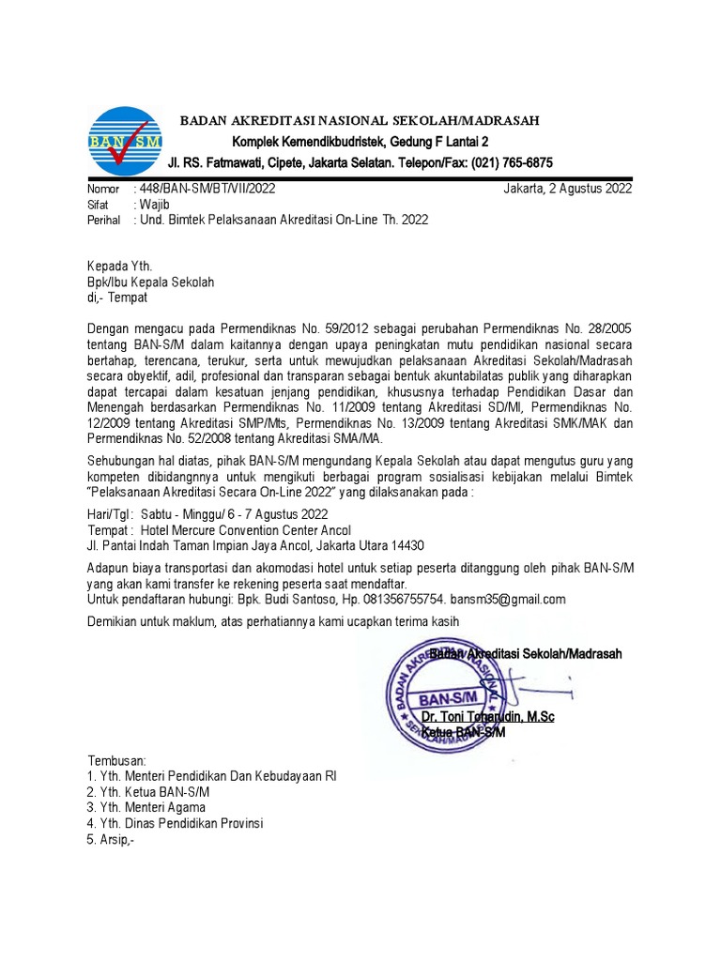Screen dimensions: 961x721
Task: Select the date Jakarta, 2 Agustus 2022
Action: click(567, 188)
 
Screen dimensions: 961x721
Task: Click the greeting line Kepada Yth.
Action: click(119, 267)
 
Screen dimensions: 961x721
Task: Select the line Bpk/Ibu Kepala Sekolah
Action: click(151, 282)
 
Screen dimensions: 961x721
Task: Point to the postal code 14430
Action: click(407, 545)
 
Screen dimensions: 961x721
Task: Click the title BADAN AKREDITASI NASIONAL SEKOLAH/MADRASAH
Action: click(360, 121)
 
